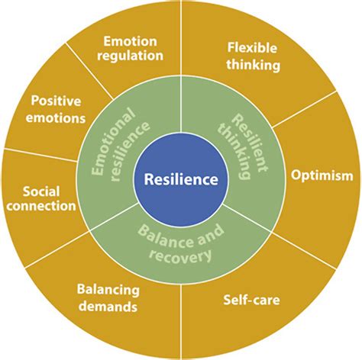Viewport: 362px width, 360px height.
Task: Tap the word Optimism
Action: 321,175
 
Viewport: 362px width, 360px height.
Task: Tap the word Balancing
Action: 107,290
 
